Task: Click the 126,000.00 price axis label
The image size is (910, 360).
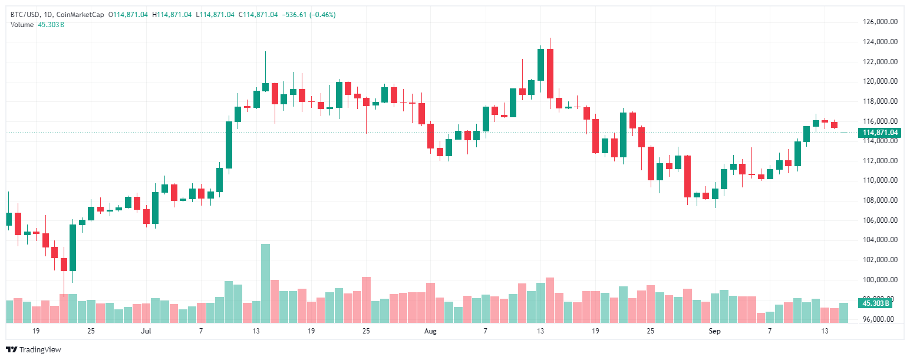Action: coord(880,22)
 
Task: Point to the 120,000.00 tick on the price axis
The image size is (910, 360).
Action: coord(880,81)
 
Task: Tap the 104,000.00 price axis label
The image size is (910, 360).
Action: coord(880,240)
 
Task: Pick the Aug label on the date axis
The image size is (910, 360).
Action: coord(431,332)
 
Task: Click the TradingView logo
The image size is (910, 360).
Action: coord(34,349)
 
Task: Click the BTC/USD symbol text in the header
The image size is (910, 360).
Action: coord(24,15)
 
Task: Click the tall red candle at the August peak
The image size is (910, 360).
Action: coord(550,73)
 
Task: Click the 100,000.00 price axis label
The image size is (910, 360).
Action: coord(880,279)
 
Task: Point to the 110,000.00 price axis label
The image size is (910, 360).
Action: coord(880,180)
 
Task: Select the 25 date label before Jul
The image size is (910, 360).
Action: coord(91,332)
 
